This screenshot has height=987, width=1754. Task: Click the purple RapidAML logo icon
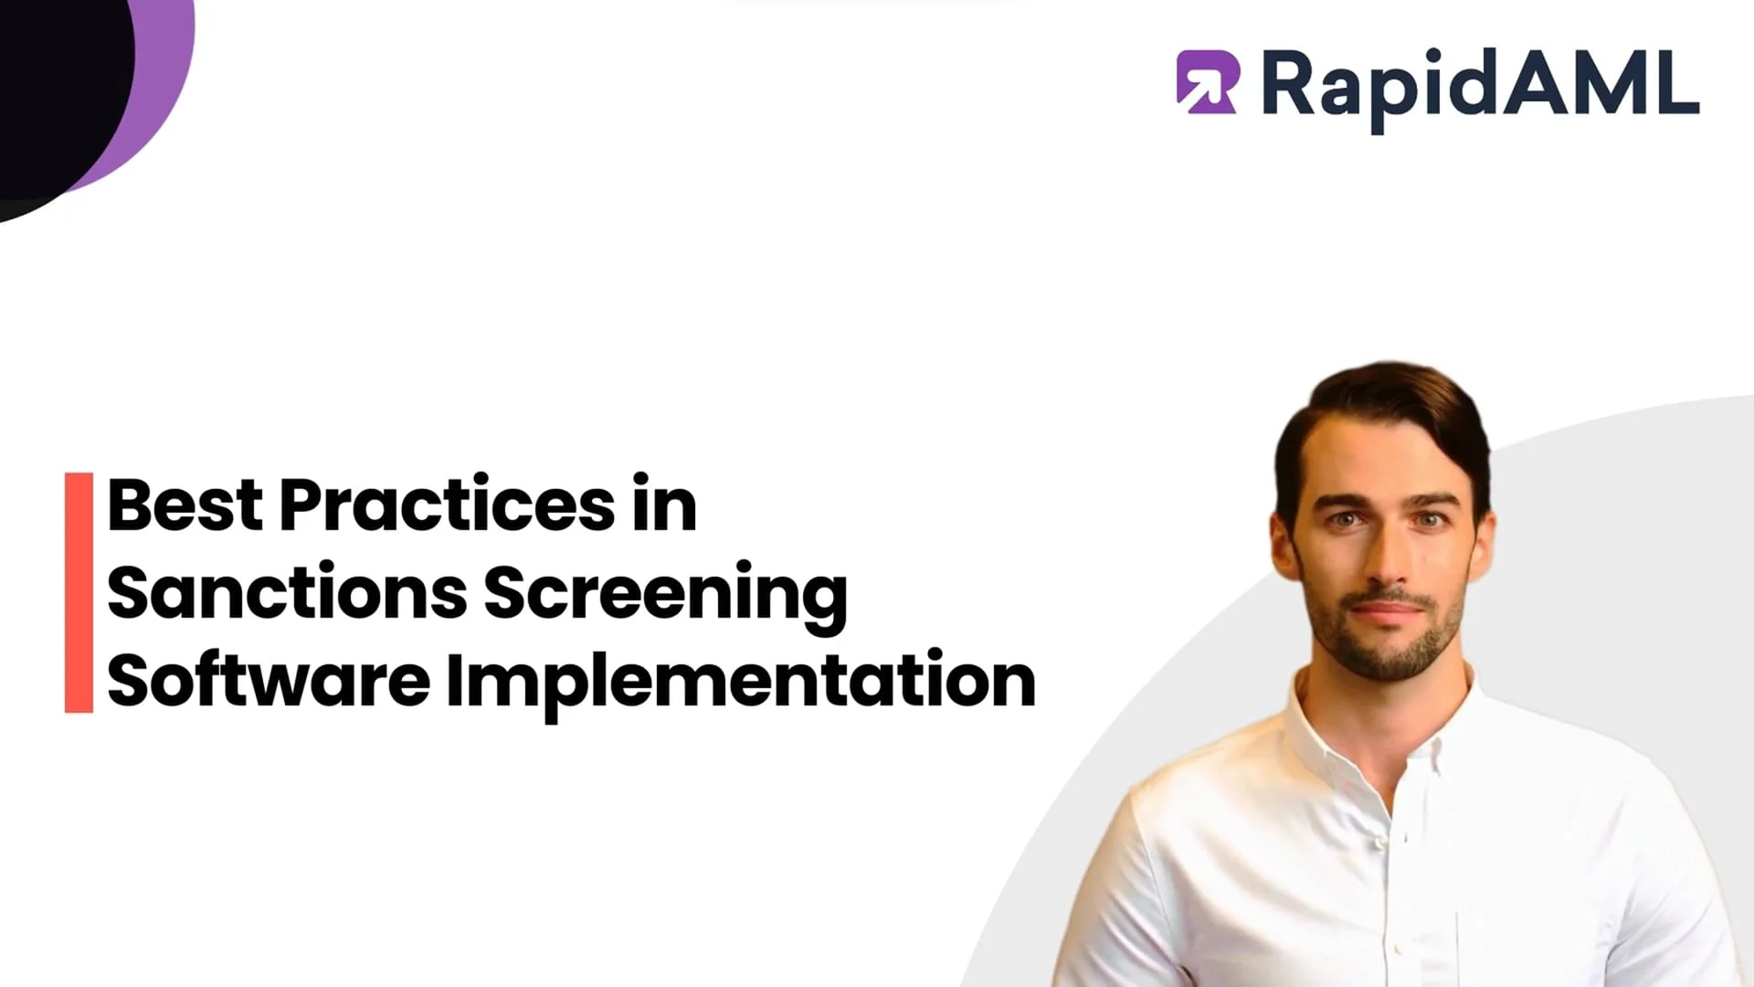1206,82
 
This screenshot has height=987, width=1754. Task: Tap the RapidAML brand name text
1480,84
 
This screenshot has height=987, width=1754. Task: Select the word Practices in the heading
448,504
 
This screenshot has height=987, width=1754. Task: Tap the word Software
268,681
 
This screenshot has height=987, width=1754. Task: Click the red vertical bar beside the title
79,592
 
